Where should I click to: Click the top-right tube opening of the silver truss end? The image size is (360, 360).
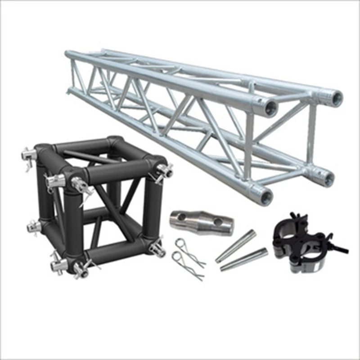point(335,97)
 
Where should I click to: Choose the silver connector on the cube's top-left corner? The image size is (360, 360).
point(28,156)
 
